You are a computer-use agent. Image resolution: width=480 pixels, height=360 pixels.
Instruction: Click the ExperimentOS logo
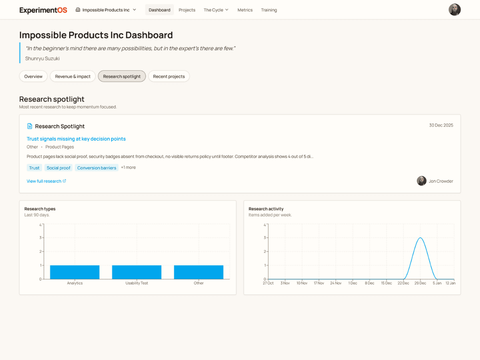[x=43, y=10]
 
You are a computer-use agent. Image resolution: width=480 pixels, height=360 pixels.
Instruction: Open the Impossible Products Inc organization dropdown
[x=106, y=10]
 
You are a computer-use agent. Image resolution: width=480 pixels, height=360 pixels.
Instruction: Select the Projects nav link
[x=187, y=10]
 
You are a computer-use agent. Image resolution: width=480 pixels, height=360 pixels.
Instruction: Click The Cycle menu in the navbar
[x=216, y=10]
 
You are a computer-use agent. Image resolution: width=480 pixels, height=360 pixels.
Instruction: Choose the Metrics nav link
[x=245, y=10]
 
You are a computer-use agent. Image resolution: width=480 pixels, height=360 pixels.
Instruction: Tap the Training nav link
[x=269, y=10]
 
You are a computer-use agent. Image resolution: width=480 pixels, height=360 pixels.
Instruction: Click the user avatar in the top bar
[x=454, y=10]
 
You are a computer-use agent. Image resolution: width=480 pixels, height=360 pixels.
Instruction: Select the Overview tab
[x=33, y=76]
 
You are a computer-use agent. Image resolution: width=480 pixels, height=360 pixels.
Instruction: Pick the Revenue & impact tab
[x=73, y=76]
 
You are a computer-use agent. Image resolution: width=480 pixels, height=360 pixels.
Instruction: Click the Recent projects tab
[x=169, y=76]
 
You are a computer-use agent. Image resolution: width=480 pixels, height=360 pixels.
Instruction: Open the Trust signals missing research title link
[x=76, y=139]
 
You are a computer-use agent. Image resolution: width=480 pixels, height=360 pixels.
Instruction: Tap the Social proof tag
[x=58, y=168]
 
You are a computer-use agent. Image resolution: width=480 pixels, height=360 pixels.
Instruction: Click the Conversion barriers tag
[x=97, y=168]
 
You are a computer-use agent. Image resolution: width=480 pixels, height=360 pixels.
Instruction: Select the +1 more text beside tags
[x=128, y=168]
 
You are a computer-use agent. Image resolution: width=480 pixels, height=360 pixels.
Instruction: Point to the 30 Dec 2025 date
[x=441, y=125]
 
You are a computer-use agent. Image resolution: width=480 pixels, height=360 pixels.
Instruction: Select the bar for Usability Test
[x=136, y=272]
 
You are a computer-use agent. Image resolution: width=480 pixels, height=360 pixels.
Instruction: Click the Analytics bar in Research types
[x=75, y=272]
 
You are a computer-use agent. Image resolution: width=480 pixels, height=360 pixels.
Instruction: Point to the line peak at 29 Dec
[x=420, y=238]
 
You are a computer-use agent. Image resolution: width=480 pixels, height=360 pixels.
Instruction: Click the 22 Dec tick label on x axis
[x=403, y=283]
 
